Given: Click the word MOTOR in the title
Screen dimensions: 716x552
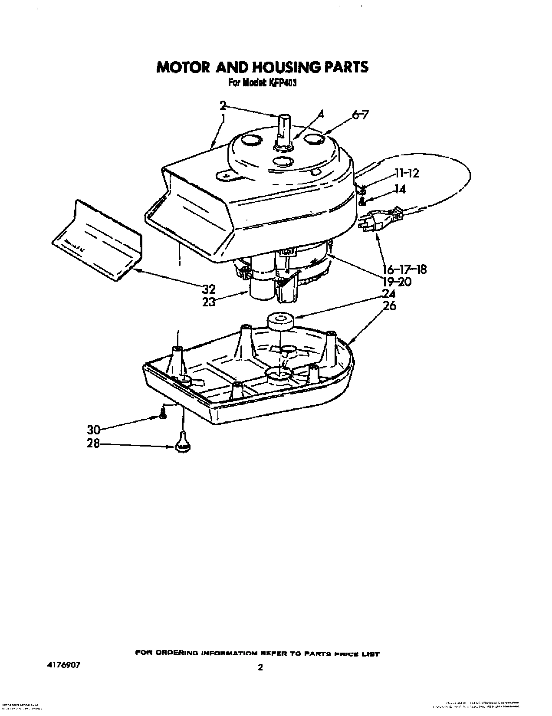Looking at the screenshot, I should click(x=181, y=67).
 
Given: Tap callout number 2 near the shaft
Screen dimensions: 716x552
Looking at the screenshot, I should click(x=223, y=105).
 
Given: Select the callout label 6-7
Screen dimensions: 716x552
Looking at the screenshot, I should click(x=361, y=115).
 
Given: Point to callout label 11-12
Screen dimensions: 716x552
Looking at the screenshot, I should click(x=407, y=173).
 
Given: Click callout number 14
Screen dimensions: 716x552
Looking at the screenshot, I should click(x=400, y=189).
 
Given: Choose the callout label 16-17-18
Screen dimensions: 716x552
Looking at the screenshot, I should click(x=404, y=269).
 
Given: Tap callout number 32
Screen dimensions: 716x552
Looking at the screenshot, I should click(x=209, y=289).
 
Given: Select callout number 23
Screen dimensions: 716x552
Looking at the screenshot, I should click(x=209, y=302).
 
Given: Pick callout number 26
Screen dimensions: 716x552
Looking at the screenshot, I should click(x=390, y=305).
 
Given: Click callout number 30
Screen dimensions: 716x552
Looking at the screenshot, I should click(x=94, y=430).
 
